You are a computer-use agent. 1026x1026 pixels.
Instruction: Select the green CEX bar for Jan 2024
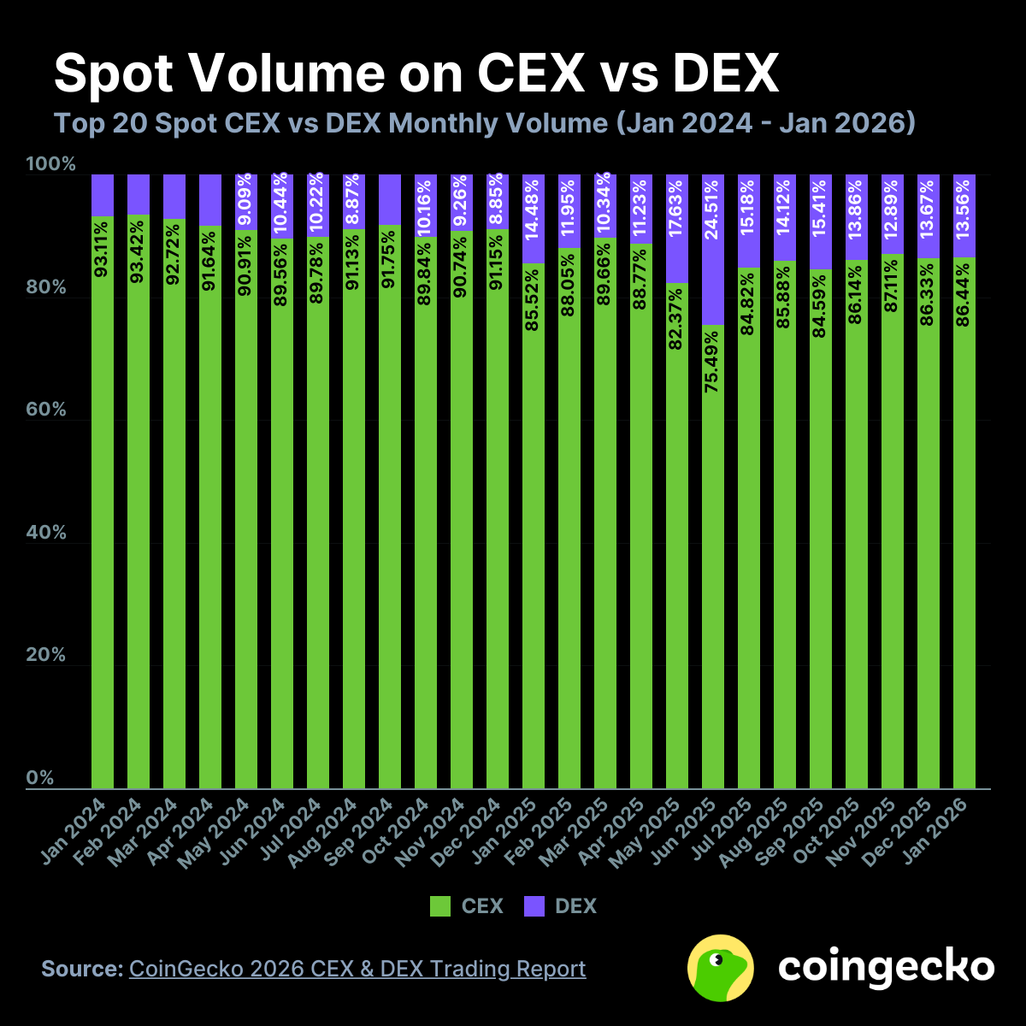103,513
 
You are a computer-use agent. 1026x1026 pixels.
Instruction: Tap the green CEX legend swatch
440,906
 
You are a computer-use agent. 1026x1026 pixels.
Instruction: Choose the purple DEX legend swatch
534,906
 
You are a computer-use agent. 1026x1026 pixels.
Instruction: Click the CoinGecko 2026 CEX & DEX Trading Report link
357,969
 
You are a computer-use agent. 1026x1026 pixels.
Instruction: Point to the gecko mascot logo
721,968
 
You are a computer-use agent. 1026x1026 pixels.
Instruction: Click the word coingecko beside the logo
886,967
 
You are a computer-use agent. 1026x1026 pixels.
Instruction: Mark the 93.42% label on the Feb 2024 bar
139,248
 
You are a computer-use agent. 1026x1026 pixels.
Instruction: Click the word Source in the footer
82,969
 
